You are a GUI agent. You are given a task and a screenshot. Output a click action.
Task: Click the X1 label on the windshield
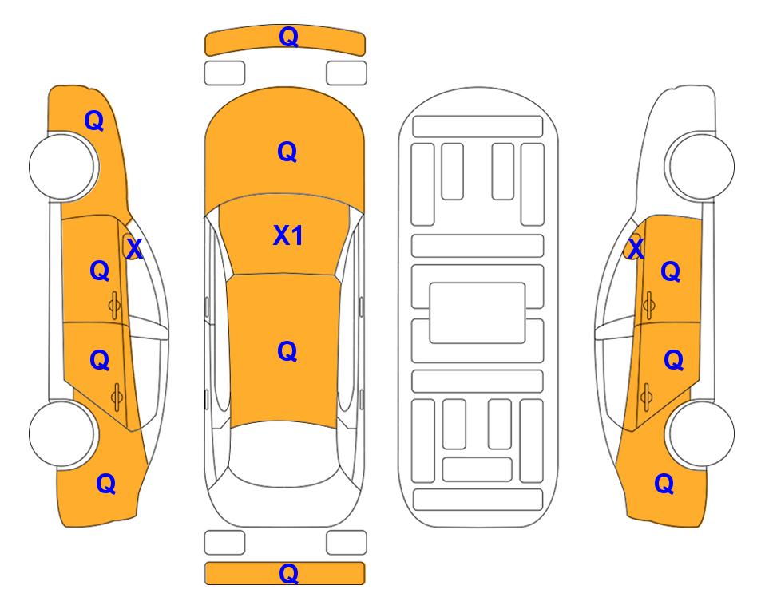[x=288, y=235]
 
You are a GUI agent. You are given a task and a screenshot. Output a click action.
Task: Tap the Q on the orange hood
[x=287, y=152]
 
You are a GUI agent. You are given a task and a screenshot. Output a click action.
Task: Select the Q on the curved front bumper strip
[x=288, y=36]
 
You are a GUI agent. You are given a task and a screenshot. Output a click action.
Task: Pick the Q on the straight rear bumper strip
[x=288, y=573]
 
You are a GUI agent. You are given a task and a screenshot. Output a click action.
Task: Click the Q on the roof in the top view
[x=287, y=351]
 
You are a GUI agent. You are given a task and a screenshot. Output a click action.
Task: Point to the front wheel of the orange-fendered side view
[x=62, y=167]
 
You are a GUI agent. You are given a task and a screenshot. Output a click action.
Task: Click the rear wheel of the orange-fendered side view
[x=62, y=433]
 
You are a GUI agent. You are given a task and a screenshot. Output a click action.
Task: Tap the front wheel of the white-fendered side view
[x=701, y=167]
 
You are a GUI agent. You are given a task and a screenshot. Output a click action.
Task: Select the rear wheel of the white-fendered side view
[x=701, y=433]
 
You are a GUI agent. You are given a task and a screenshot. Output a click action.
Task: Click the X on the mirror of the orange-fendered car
[x=134, y=248]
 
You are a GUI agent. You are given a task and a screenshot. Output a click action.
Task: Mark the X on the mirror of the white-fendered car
[x=636, y=248]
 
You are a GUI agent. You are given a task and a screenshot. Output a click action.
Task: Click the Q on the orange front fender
[x=94, y=121]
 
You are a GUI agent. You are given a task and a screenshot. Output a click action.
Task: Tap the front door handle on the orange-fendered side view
[x=114, y=306]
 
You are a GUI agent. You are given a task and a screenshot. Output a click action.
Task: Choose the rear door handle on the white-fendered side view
[x=646, y=397]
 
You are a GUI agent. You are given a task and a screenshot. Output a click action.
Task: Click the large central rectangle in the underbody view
[x=478, y=313]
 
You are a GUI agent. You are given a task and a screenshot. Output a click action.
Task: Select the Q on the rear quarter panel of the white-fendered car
[x=664, y=484]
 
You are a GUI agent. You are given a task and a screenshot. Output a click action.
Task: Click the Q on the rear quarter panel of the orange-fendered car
[x=106, y=484]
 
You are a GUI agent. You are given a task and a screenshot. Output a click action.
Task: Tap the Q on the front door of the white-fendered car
[x=671, y=271]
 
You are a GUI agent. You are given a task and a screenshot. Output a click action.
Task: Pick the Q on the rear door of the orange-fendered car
[x=100, y=360]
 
